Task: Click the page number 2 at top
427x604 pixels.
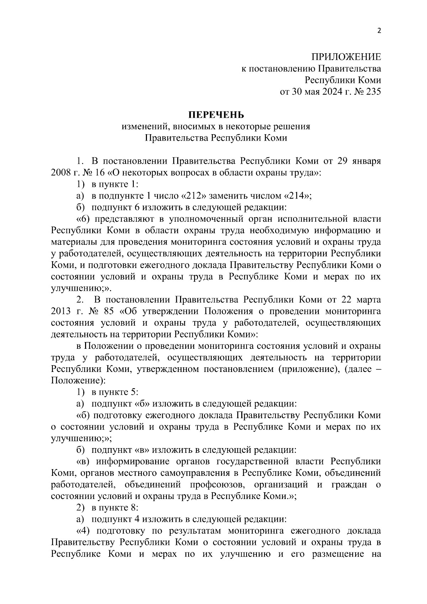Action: tap(379, 31)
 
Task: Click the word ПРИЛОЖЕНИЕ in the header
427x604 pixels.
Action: tap(346, 57)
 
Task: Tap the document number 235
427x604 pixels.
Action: tap(373, 92)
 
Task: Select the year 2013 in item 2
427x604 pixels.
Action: tap(61, 311)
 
